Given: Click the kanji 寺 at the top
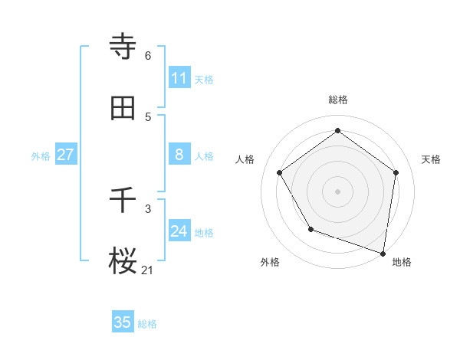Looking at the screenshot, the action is click(x=123, y=47).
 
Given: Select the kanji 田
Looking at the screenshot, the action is click(x=123, y=108).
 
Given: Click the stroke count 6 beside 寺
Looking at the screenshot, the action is click(x=148, y=55).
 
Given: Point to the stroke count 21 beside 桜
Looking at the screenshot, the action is click(x=148, y=270).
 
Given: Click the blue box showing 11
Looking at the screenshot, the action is click(x=179, y=78).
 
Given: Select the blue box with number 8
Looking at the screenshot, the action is click(x=179, y=155).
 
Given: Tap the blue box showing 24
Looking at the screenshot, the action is click(x=179, y=231).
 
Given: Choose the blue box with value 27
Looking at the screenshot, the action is click(x=65, y=155).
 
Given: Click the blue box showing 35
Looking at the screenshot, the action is click(x=123, y=322).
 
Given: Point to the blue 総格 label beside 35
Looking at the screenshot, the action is click(x=147, y=324).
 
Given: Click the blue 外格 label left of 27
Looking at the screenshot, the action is click(x=41, y=156).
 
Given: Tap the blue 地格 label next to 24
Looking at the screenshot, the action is click(x=204, y=233).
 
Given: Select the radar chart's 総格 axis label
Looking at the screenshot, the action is click(x=338, y=100).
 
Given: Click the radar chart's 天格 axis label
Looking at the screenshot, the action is click(x=431, y=159).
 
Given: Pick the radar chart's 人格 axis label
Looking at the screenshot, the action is click(x=245, y=159).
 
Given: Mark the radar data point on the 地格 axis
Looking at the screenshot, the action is click(x=383, y=253).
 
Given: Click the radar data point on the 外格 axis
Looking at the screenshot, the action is click(x=310, y=229).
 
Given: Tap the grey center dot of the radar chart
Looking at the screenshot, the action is click(x=338, y=191).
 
